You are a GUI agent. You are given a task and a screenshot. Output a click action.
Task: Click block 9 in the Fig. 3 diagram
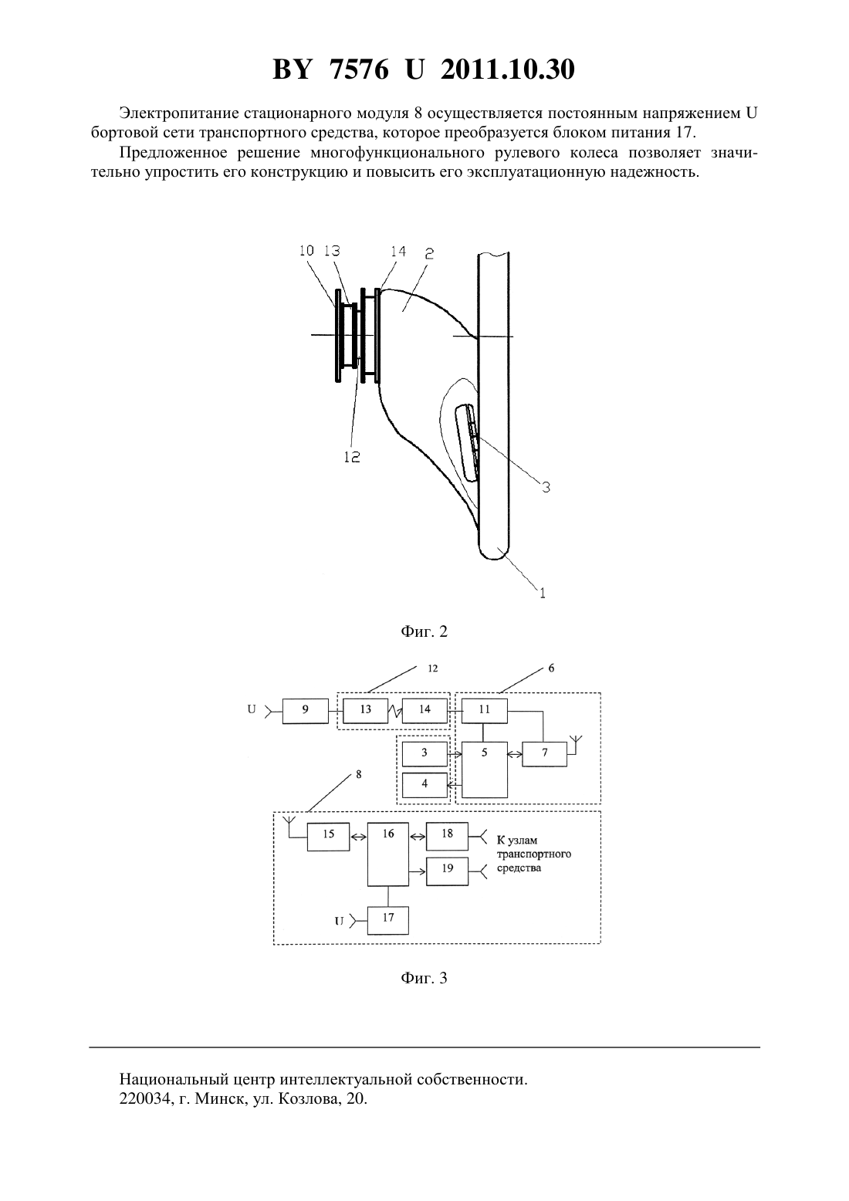[306, 711]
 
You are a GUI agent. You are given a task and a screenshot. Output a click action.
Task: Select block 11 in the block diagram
[485, 711]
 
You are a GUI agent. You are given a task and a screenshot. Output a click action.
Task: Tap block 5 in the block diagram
[485, 770]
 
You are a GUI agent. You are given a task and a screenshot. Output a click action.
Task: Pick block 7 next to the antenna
[545, 754]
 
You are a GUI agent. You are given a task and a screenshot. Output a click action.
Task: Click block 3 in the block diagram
[424, 754]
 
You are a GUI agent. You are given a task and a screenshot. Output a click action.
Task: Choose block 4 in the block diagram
[424, 786]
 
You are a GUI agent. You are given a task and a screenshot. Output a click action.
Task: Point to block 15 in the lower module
[328, 837]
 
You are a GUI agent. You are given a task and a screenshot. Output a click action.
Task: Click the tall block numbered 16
[388, 854]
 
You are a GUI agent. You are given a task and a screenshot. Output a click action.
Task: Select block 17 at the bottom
[388, 921]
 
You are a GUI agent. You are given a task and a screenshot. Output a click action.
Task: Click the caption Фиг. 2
[424, 631]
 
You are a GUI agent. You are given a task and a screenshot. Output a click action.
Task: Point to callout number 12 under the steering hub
[352, 457]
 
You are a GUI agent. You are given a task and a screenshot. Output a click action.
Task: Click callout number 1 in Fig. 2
[543, 593]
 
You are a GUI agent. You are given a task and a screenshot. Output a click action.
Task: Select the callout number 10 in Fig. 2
[306, 250]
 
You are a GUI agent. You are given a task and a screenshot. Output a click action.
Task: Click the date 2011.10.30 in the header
[508, 69]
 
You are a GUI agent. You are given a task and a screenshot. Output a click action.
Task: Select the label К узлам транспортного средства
[534, 854]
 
